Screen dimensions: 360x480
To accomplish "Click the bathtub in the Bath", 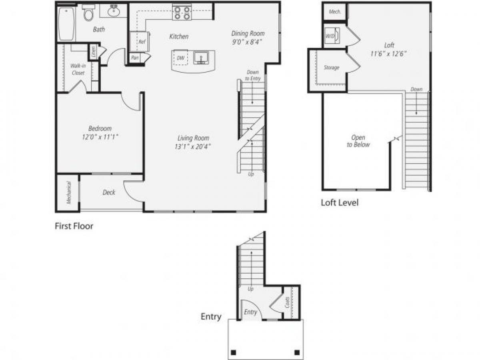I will pos(67,24).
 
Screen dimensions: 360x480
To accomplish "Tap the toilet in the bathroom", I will pos(88,14).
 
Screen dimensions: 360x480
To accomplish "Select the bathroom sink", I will pos(114,11).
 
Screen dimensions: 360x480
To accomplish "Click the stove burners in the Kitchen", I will pos(182,12).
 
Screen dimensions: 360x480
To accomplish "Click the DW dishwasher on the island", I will pos(181,58).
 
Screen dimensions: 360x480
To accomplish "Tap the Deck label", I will pos(109,192).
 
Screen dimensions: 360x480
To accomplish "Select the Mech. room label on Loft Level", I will pos(335,12).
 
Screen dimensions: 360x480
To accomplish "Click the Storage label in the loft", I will pos(331,68).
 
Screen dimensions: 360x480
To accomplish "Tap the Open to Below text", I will pos(358,141).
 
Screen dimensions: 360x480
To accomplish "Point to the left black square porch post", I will pos(234,352).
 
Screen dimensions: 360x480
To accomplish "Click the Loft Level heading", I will pos(340,202).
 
